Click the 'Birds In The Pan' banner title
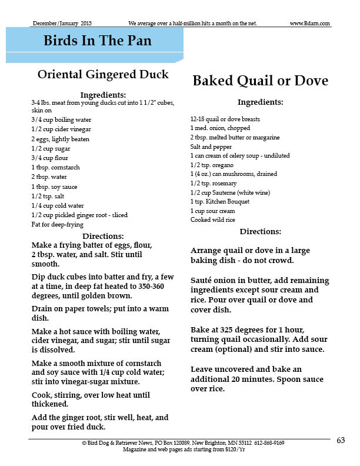(x=97, y=41)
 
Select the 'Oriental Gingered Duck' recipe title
(x=103, y=74)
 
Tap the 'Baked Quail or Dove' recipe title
(x=260, y=81)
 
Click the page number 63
(x=341, y=440)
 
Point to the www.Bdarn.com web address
(x=310, y=24)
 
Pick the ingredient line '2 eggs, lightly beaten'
(x=58, y=139)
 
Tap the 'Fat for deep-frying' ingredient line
(x=57, y=225)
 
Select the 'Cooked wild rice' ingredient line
(x=213, y=220)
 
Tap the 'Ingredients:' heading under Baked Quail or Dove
(x=260, y=102)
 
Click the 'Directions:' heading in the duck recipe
(x=103, y=236)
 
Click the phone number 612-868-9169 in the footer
(x=271, y=442)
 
